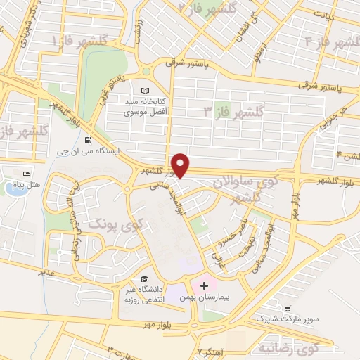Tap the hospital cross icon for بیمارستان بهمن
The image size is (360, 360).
(x=204, y=286)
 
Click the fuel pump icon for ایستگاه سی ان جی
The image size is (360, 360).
(x=88, y=139)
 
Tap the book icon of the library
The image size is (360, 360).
(x=146, y=91)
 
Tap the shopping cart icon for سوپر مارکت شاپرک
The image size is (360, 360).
(x=288, y=308)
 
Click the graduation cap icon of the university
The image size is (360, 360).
(x=143, y=278)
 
